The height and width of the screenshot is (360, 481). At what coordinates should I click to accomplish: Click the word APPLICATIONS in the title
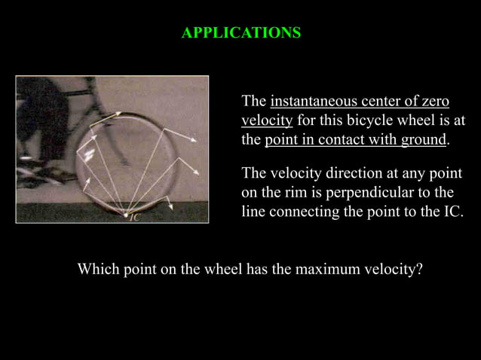pos(241,33)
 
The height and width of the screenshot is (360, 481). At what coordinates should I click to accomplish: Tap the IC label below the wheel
pos(134,218)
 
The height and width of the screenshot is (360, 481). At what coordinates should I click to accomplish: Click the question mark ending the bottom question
pos(419,269)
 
